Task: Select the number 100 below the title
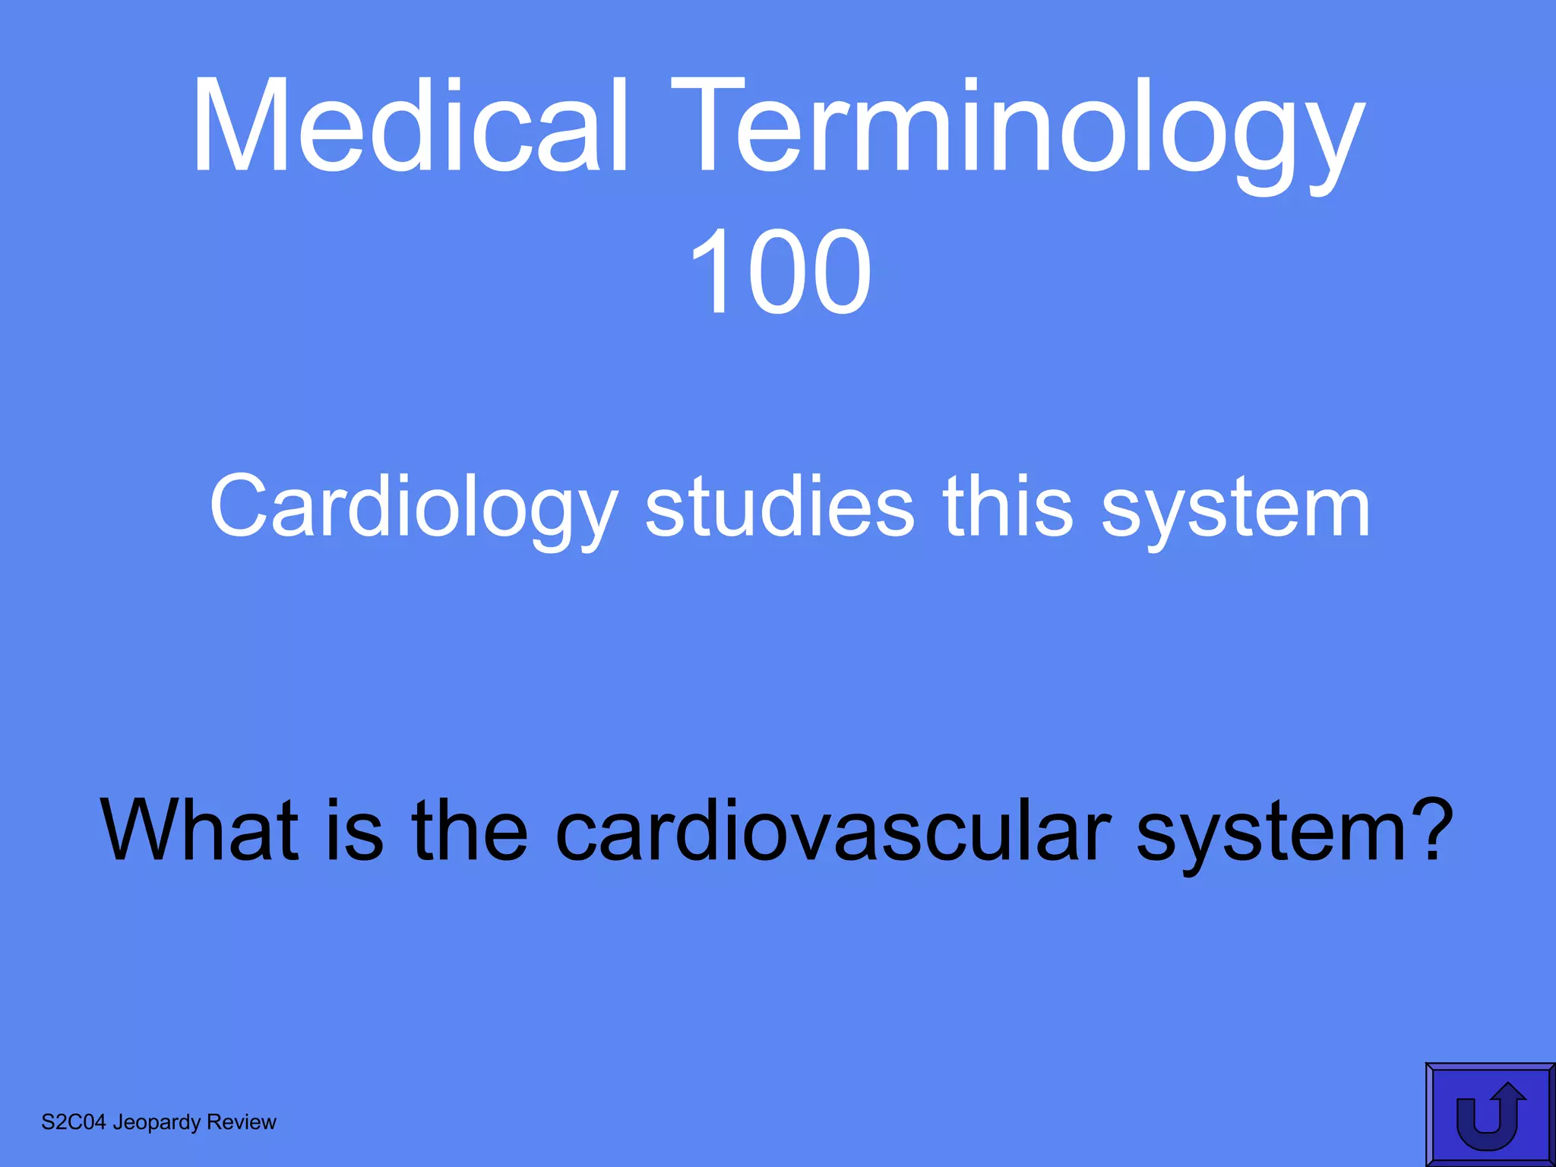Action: [x=780, y=271]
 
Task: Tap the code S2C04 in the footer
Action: [x=73, y=1122]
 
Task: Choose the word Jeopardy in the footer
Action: [x=157, y=1123]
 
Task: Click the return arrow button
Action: [x=1489, y=1114]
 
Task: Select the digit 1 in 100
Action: [x=708, y=271]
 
